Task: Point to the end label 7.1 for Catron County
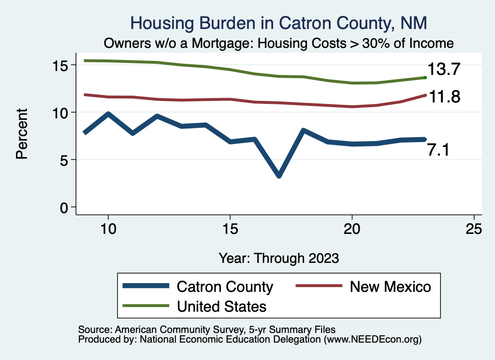pos(438,150)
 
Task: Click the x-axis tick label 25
pos(474,230)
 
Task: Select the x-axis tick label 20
pos(352,230)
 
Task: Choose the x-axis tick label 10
pos(108,230)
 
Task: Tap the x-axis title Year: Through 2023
pos(278,258)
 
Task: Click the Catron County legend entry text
pos(225,287)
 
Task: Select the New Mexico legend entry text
pos(390,287)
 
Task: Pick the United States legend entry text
pos(222,306)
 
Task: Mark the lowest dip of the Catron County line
pos(279,175)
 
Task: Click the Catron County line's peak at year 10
pos(108,114)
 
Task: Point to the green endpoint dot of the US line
pos(425,77)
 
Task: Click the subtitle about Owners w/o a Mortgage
pos(279,43)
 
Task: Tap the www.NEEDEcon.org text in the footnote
pos(372,340)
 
